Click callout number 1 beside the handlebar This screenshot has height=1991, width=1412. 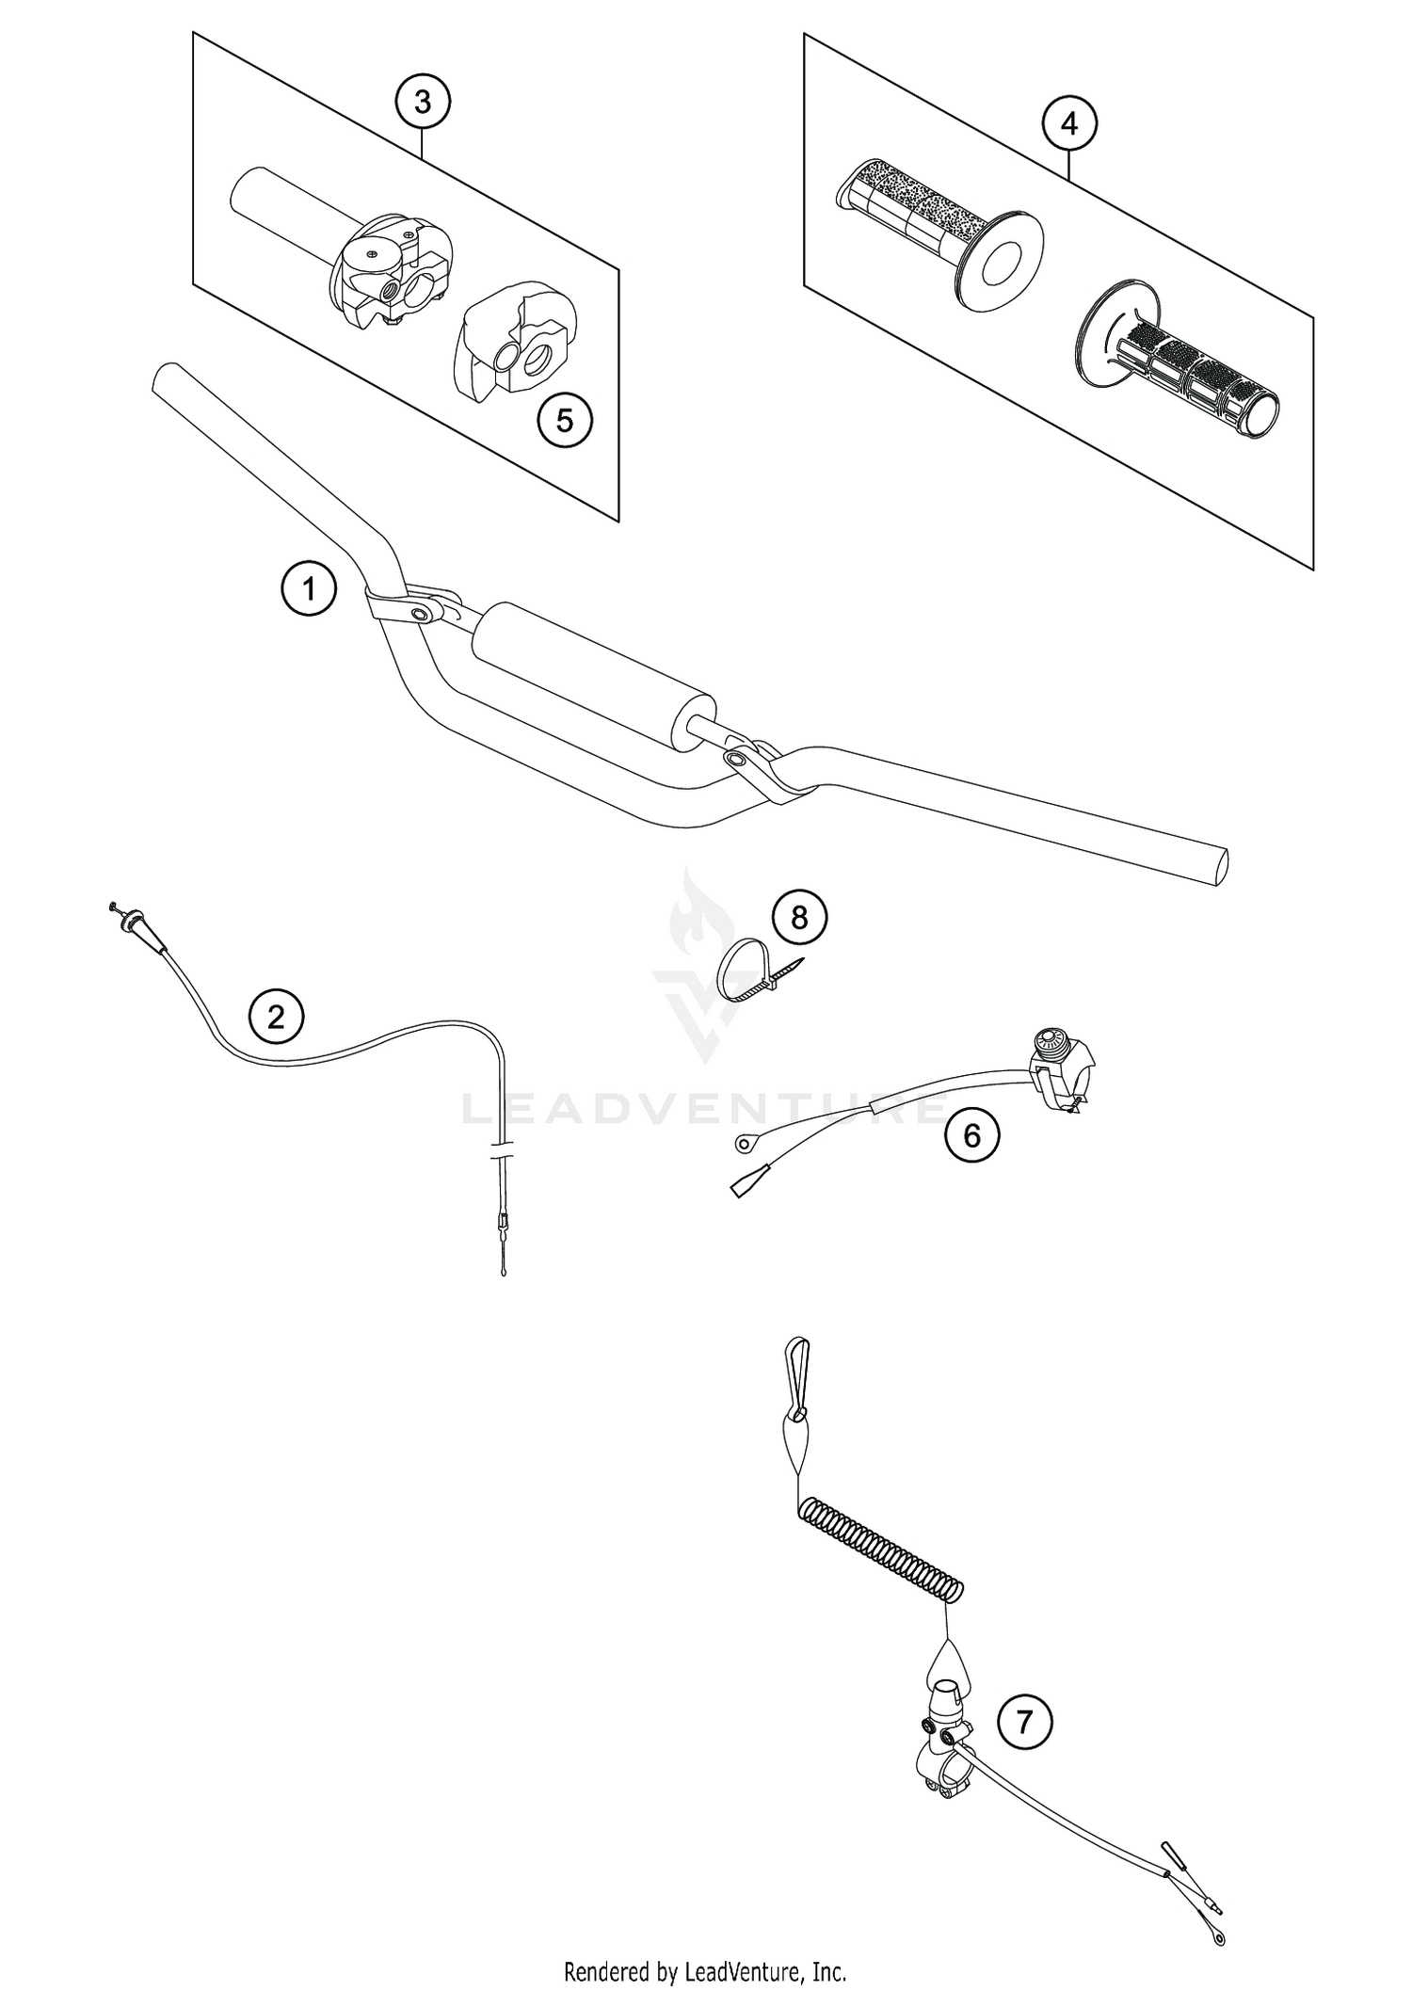coord(308,589)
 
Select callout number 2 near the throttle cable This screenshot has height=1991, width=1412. coord(276,1016)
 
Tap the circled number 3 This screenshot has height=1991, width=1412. coord(422,102)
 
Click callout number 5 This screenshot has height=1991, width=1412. coord(564,420)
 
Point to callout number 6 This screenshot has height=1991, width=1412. coord(971,1135)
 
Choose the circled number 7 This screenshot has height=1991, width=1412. coord(1025,1723)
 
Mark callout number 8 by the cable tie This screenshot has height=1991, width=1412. coord(799,917)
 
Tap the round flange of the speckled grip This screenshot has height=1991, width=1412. coord(999,260)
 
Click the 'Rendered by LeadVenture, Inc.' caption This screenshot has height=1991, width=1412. coord(705,1969)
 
